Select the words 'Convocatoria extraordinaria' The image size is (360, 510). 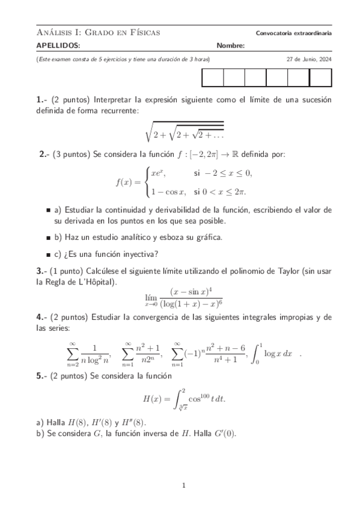point(293,32)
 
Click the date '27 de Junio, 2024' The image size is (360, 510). point(309,60)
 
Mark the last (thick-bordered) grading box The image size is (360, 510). point(320,79)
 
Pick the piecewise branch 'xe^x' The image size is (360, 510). point(158,173)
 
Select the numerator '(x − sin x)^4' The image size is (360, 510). point(192,290)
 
